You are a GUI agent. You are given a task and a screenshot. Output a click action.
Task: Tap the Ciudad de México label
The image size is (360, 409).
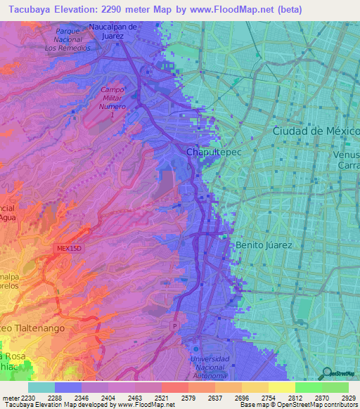(x=316, y=131)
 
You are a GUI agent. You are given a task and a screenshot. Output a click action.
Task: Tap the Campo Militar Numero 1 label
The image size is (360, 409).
(x=112, y=102)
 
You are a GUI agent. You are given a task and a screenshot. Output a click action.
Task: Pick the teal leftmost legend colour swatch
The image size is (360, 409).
(x=41, y=387)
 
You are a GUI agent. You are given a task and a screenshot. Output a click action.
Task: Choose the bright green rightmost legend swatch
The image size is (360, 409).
(x=335, y=387)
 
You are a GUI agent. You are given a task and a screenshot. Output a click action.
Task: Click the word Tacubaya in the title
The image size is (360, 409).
(x=32, y=9)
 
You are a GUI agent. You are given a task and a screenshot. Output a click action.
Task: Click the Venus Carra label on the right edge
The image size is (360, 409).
(x=346, y=160)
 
